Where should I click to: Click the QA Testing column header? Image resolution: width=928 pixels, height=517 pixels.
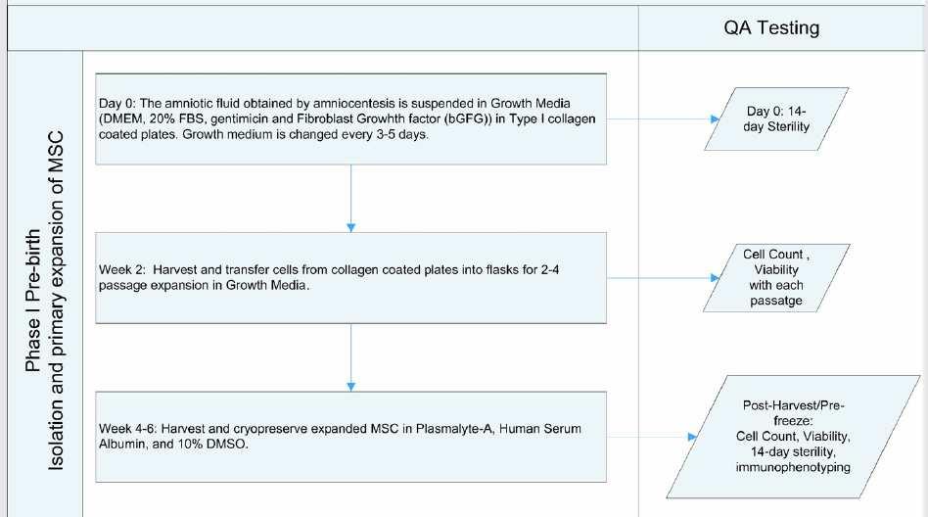(x=771, y=27)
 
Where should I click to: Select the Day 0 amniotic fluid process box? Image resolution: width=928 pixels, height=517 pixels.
(x=351, y=119)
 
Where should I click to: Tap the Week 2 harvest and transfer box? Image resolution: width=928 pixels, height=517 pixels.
(x=351, y=278)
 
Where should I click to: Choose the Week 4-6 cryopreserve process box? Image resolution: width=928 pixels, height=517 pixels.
(x=351, y=437)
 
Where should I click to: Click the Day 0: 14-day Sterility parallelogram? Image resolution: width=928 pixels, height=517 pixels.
(x=776, y=119)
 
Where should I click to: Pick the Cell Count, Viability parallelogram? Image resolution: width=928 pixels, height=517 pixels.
(x=776, y=278)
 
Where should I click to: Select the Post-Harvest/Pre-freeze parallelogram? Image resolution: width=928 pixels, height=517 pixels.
(x=793, y=437)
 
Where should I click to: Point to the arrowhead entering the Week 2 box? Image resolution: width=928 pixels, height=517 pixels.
(x=351, y=228)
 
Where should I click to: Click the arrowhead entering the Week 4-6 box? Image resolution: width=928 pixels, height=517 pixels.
(x=351, y=387)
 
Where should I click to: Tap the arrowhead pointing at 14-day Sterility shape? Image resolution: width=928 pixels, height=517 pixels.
(x=715, y=119)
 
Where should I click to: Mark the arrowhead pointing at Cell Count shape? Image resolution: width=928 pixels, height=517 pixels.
(x=715, y=278)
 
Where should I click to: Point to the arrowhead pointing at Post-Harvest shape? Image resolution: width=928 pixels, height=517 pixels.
(x=692, y=437)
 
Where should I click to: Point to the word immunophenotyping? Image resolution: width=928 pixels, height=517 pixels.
(x=793, y=467)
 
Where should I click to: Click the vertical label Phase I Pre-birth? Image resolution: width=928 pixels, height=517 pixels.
(x=33, y=301)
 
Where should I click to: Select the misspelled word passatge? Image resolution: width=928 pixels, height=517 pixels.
(x=776, y=301)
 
